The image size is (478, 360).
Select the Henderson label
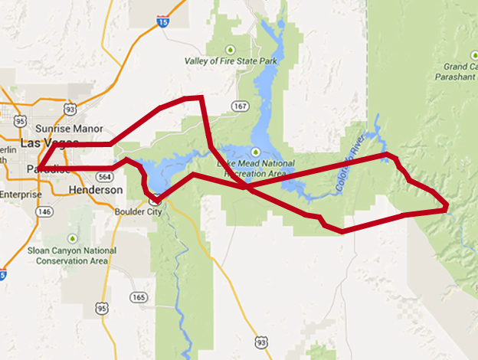[95, 189]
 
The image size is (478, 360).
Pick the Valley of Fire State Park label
[231, 61]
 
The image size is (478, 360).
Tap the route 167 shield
[241, 106]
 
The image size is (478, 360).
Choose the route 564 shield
[104, 176]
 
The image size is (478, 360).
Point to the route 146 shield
[45, 211]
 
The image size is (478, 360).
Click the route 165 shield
[139, 297]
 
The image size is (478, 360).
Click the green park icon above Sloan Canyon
[73, 237]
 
